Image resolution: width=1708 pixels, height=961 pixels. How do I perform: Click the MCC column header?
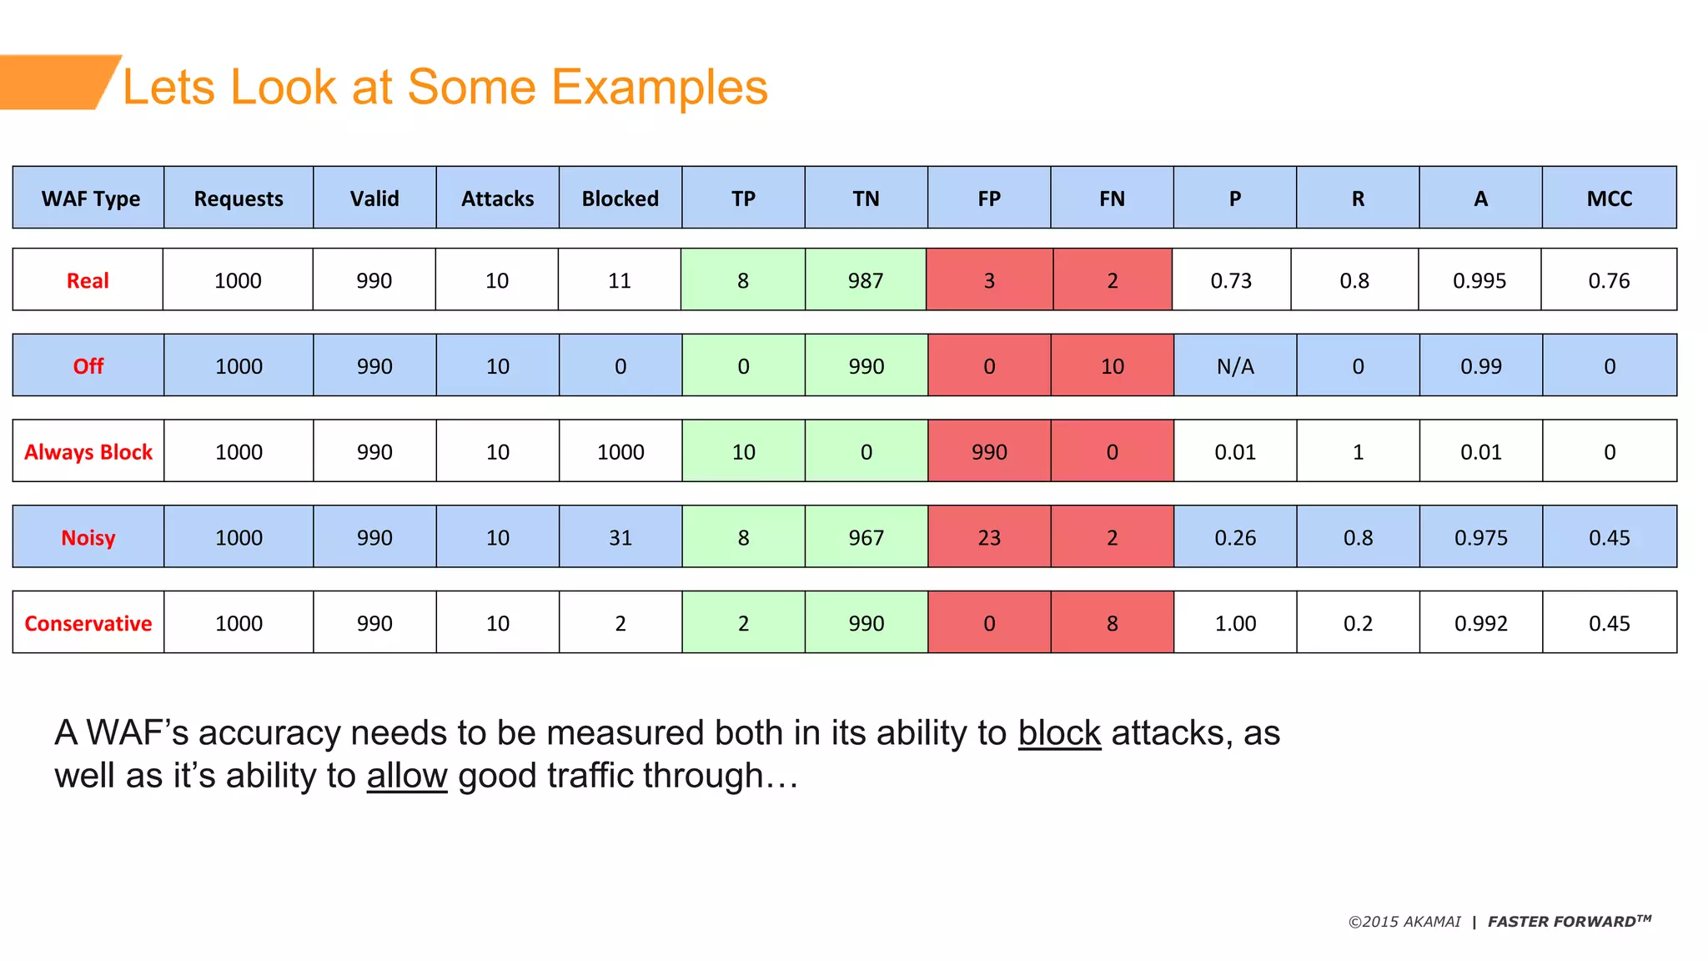coord(1609,199)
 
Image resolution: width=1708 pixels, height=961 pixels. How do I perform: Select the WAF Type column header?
coord(90,199)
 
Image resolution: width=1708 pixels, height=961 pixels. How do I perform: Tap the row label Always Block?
coord(88,452)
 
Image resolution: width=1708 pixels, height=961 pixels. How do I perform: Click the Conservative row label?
coord(88,623)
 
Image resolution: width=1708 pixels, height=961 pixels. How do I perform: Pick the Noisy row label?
coord(88,537)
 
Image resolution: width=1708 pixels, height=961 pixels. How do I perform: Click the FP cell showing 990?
coord(989,452)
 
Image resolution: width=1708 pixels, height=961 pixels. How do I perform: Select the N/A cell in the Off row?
coord(1235,366)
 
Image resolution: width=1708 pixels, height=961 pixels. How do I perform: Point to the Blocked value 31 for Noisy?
coord(620,537)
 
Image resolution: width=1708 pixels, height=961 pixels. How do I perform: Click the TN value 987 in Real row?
coord(866,280)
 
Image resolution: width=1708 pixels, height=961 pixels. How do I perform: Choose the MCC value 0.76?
coord(1609,280)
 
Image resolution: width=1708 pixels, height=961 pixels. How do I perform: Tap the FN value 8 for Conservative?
coord(1112,623)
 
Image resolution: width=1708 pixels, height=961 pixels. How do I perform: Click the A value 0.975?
coord(1480,537)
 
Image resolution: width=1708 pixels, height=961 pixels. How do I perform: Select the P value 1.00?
coord(1235,623)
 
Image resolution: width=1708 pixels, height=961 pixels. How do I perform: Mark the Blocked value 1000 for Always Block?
coord(620,452)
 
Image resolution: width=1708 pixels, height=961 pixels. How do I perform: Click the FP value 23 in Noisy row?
coord(989,537)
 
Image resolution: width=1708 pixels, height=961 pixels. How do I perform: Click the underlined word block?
coord(1059,733)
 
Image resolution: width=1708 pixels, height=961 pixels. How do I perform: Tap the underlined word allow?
coord(407,776)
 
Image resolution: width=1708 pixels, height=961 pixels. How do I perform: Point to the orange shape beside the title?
coord(54,82)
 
